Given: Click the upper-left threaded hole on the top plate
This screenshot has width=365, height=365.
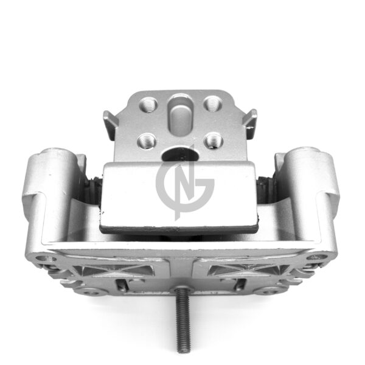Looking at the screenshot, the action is click(148, 105).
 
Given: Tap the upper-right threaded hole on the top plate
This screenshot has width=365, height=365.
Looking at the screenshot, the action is click(212, 103).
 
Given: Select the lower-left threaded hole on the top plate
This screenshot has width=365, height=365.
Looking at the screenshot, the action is click(147, 141).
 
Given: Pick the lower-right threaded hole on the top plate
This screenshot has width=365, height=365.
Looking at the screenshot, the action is click(214, 140).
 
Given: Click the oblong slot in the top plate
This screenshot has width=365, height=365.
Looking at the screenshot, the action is click(181, 116).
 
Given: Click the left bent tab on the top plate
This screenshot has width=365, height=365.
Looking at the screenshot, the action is click(111, 125).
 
